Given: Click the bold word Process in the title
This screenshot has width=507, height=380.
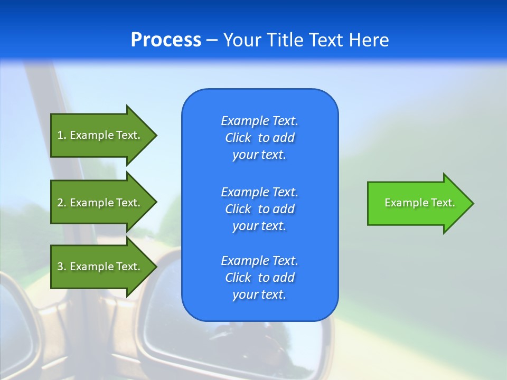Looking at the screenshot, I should [x=166, y=40].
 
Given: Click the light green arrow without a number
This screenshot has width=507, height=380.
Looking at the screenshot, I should [x=417, y=203].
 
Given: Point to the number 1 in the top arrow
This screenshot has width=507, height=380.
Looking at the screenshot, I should [x=60, y=135].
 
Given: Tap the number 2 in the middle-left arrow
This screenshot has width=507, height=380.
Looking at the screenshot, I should [x=60, y=203].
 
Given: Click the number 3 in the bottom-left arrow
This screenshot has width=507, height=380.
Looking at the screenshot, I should [x=60, y=267].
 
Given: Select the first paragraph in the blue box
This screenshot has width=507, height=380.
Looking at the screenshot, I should [x=259, y=138].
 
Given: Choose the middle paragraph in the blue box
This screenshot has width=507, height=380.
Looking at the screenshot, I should [x=259, y=209].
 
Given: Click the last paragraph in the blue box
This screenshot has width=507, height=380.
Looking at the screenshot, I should [x=259, y=278].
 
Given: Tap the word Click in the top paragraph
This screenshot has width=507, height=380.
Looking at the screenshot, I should [x=238, y=138].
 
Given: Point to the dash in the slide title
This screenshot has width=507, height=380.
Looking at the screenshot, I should [x=212, y=40].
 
